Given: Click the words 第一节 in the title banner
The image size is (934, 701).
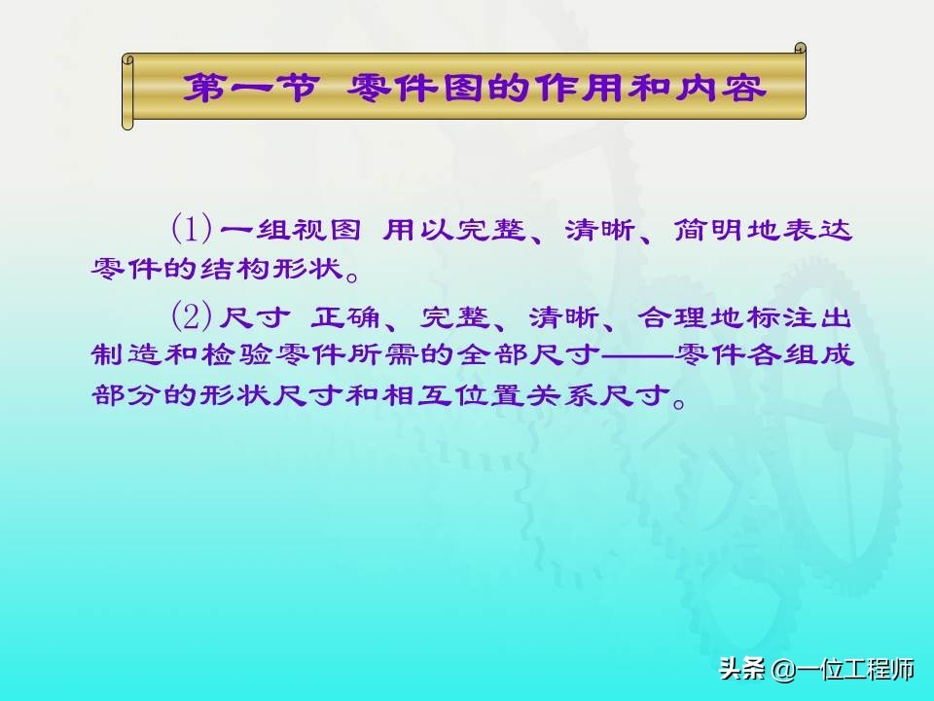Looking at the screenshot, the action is [x=250, y=89].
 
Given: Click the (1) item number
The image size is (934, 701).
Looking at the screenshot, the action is [x=192, y=228].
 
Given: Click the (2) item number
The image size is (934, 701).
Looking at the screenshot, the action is [x=192, y=316].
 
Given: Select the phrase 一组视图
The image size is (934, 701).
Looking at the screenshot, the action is [x=291, y=230].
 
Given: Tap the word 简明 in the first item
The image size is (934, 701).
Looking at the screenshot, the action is [x=709, y=230].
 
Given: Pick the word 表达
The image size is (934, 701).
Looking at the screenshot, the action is [x=817, y=230].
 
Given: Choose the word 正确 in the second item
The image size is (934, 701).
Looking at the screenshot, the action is [x=344, y=317].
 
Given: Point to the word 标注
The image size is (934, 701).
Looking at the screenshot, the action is [x=781, y=317].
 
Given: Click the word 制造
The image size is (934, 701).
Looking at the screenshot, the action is [x=126, y=355].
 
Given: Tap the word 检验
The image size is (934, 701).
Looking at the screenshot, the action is [x=236, y=355].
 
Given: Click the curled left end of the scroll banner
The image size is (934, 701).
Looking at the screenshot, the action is [x=127, y=92].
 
